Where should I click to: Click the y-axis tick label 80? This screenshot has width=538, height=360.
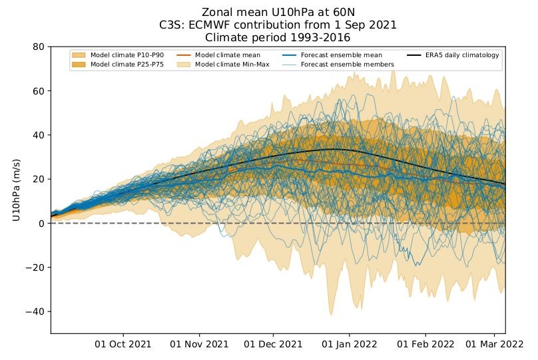coord(39,47)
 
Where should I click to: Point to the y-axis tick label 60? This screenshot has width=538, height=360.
coord(39,91)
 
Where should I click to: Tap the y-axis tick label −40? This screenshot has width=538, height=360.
coord(35,311)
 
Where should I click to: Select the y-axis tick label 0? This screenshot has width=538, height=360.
coord(42,224)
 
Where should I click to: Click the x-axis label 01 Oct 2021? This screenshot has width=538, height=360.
coord(123,344)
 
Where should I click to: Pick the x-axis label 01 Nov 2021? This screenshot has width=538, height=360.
coord(199,344)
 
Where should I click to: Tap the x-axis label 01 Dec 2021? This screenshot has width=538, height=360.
coord(273,344)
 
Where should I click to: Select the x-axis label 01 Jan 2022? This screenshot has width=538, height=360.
coord(350,344)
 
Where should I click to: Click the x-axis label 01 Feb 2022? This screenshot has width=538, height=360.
coord(425,344)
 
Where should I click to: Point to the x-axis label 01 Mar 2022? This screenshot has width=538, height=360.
coord(495,344)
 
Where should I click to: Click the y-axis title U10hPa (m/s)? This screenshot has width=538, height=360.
coord(16,190)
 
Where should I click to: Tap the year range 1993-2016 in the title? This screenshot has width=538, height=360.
coord(320,37)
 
